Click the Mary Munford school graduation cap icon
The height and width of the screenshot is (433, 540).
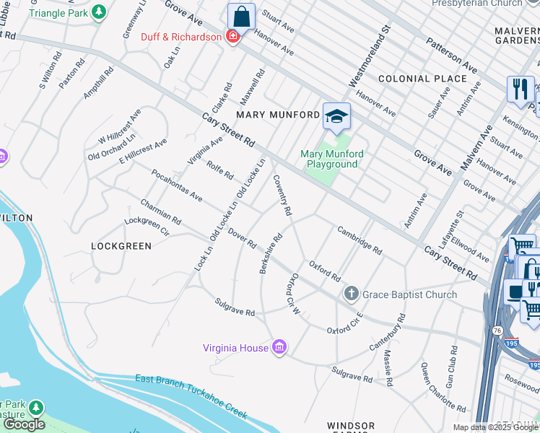(336, 115)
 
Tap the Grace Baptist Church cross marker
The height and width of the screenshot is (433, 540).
(351, 294)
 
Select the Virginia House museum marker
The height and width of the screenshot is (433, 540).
(279, 348)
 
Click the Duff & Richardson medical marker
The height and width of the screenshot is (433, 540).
(232, 37)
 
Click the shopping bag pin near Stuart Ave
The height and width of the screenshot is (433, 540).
(241, 16)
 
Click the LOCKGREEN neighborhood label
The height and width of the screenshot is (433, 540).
(121, 246)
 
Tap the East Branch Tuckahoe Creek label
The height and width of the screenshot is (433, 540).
(191, 397)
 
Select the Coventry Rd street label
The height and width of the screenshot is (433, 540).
(282, 196)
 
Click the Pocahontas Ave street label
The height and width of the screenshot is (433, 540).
(176, 186)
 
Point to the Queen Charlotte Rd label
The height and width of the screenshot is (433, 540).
(437, 385)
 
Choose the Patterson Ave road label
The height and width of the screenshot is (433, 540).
(451, 55)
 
